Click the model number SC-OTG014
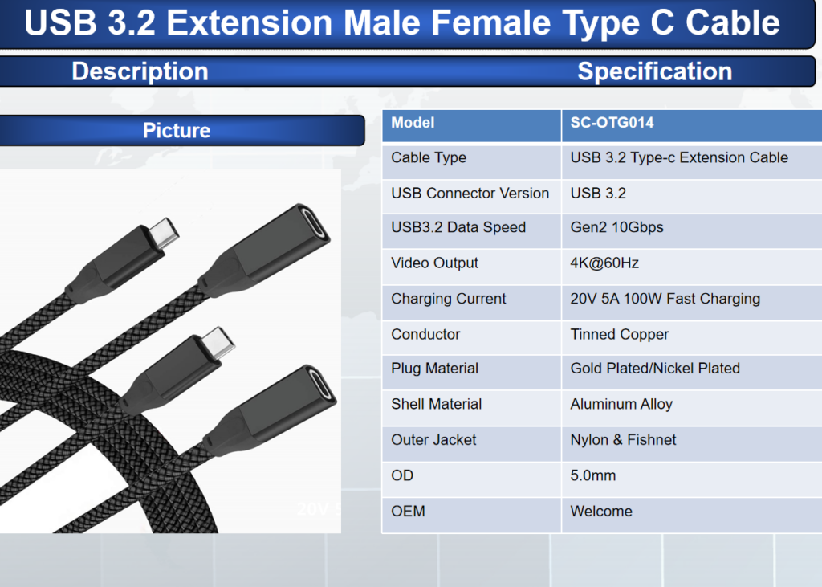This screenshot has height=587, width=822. coord(612,123)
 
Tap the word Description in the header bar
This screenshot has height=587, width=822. coord(140,71)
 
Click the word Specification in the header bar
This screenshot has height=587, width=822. coord(655,71)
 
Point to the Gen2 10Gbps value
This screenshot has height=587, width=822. coord(616,227)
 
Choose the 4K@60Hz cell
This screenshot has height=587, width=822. coord(604,263)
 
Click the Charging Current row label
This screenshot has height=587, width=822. coord(448,299)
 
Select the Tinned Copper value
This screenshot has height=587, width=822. coord(619,334)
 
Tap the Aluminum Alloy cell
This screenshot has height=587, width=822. coord(621,404)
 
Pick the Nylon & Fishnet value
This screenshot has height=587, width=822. coord(623,439)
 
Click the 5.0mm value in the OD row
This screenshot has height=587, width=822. coord(593,475)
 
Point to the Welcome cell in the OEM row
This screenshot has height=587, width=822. coord(600,511)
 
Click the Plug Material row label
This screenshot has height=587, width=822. coord(434,369)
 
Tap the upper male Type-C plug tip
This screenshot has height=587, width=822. coord(164,234)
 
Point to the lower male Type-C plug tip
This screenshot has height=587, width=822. coord(219,343)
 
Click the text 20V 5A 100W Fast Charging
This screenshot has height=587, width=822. coord(665,299)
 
